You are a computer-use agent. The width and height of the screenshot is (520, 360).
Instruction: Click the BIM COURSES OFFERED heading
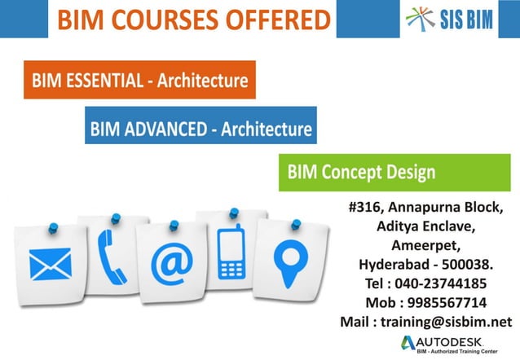[x=193, y=19]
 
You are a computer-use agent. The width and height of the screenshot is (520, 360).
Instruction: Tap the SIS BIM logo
[x=450, y=18]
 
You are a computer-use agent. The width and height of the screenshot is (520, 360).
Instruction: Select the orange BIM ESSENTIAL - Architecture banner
[x=139, y=81]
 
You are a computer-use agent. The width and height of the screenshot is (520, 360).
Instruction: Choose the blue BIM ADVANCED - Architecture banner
[x=201, y=129]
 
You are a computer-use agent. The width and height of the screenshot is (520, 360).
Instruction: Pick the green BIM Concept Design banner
[x=360, y=173]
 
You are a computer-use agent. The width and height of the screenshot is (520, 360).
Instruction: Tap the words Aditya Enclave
[x=430, y=225]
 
